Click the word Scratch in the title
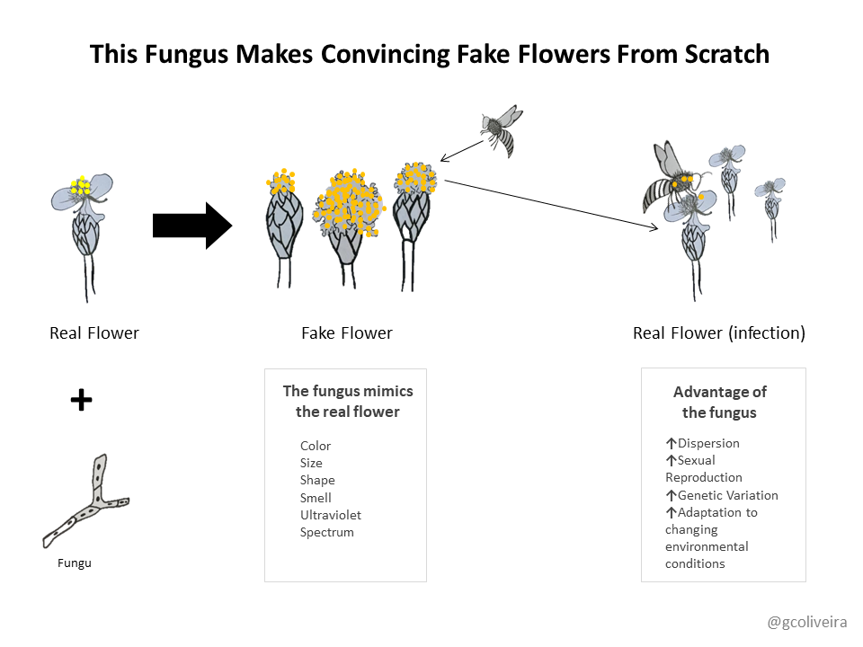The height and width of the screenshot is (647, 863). click(726, 55)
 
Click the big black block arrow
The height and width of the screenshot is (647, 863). click(192, 226)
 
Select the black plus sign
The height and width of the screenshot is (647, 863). click(82, 400)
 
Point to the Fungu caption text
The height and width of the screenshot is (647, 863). click(75, 563)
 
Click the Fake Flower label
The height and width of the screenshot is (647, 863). click(347, 332)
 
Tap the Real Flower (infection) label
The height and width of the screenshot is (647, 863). click(719, 332)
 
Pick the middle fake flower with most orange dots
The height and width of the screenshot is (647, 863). click(348, 226)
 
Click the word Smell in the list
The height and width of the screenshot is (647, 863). click(316, 498)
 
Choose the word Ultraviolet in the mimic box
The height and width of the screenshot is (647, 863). click(330, 515)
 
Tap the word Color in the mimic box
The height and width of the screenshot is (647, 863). click(316, 446)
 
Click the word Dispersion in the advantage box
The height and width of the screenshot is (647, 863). click(708, 443)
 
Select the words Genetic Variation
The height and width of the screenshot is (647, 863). click(727, 495)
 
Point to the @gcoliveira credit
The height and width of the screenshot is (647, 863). click(807, 622)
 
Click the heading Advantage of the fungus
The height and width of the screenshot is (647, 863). click(719, 403)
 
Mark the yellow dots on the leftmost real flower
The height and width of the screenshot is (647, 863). click(81, 185)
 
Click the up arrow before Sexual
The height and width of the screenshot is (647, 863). click(671, 460)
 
